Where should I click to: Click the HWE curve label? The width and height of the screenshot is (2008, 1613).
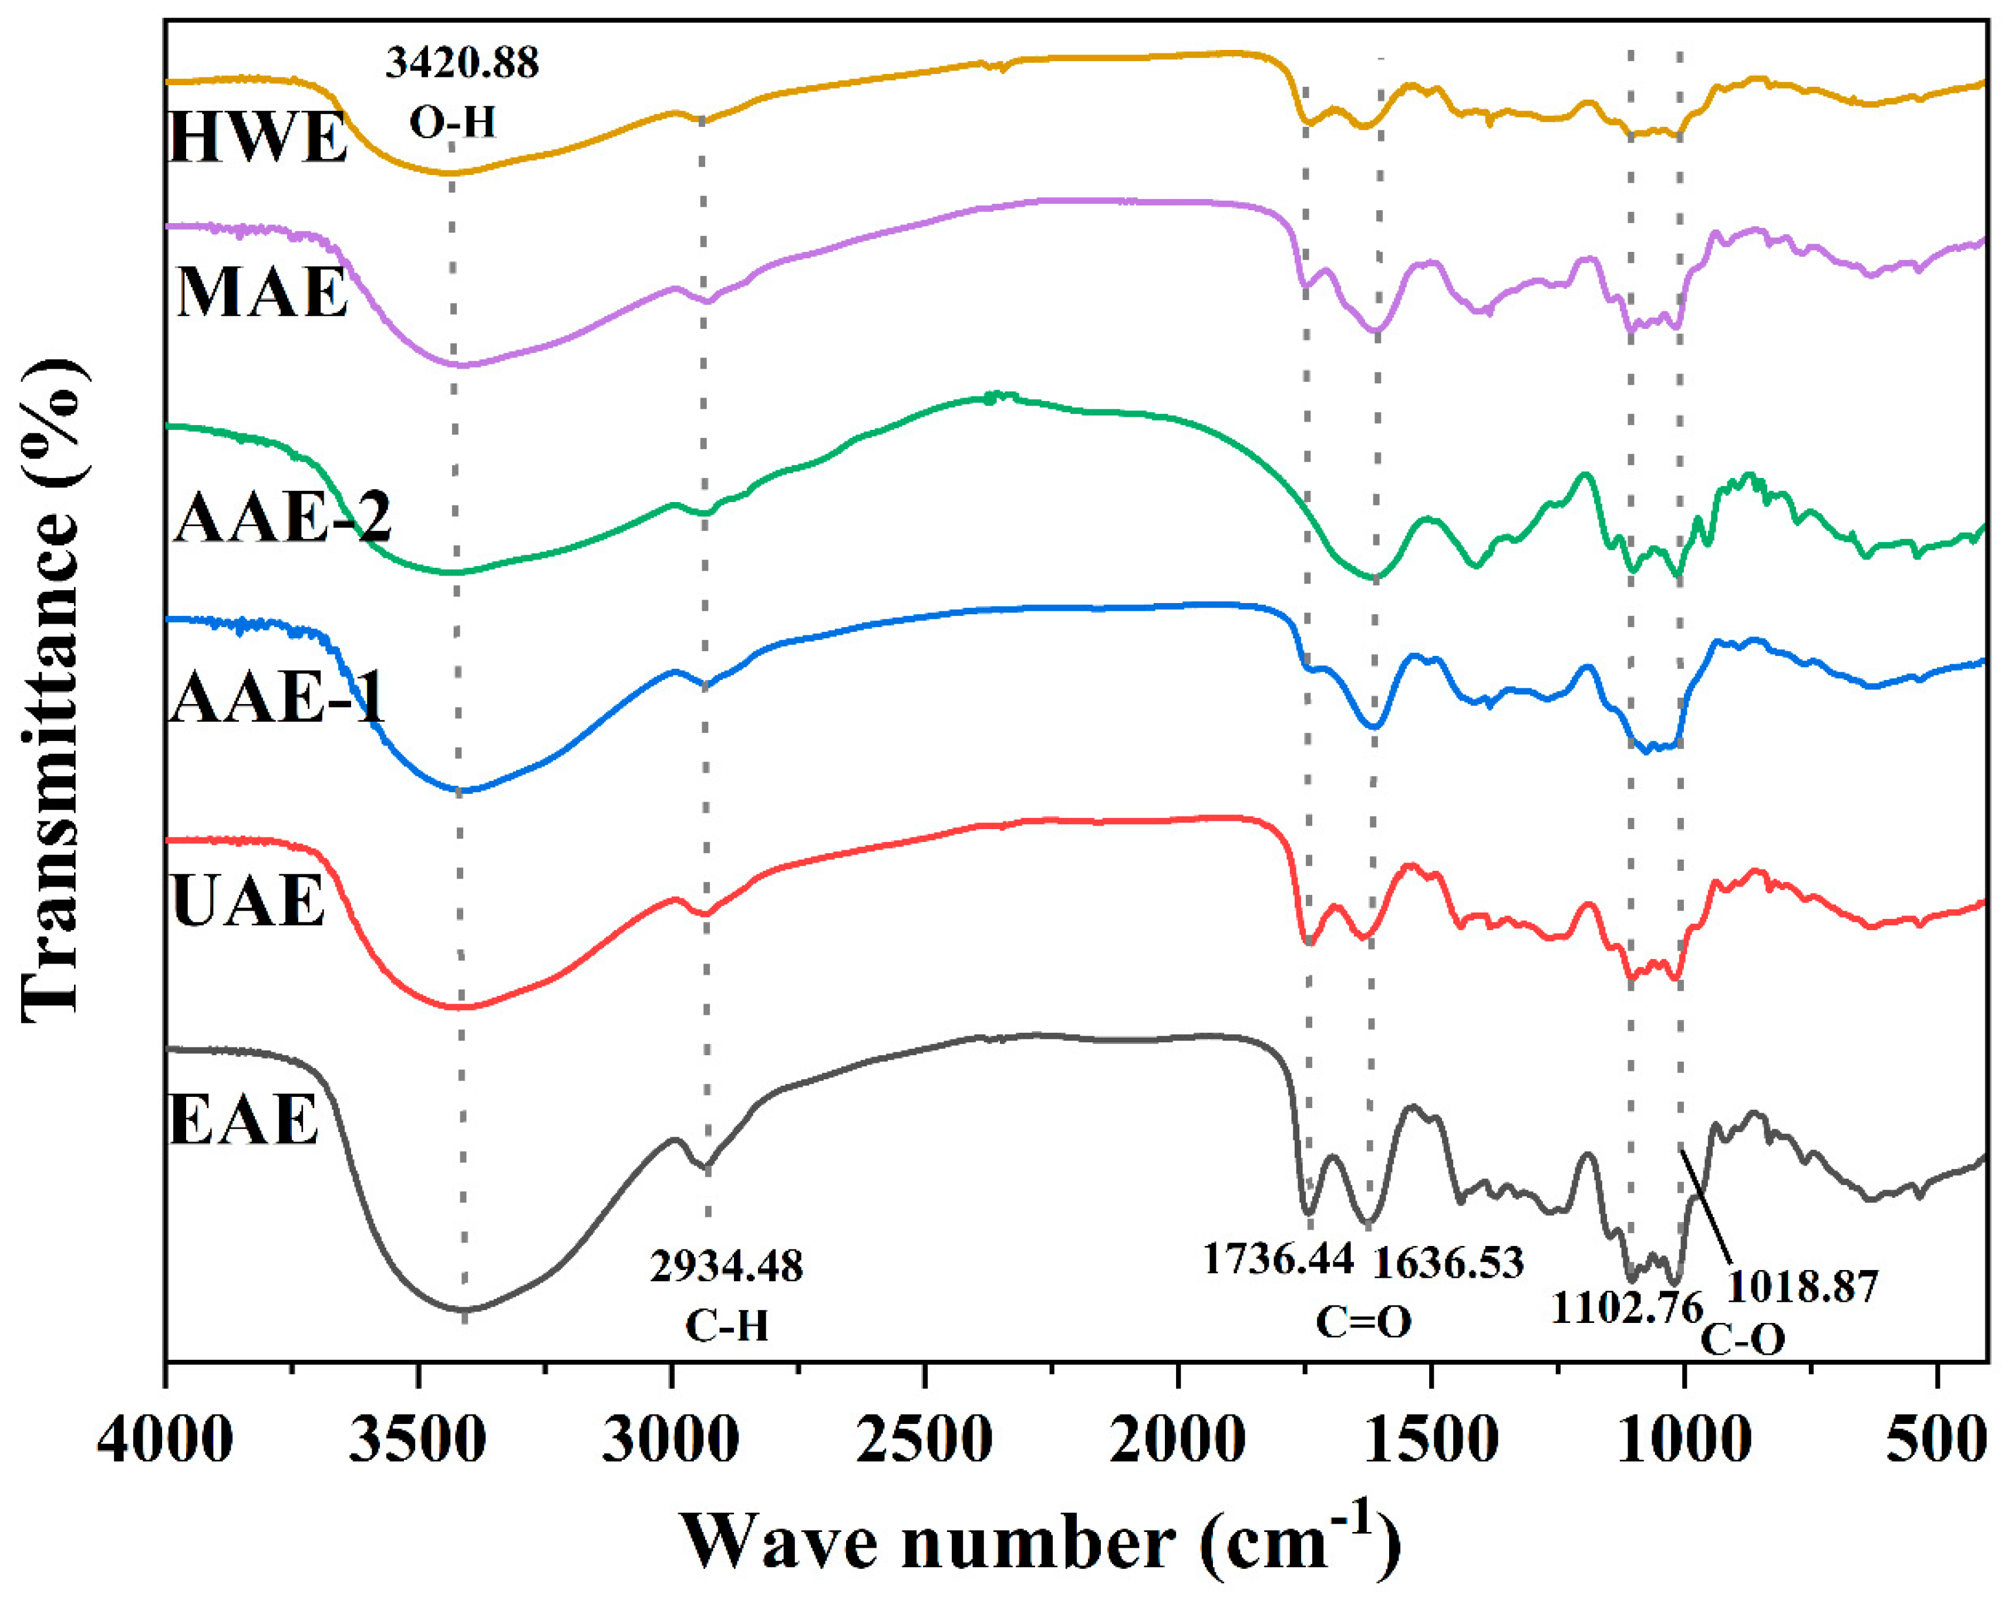click(258, 138)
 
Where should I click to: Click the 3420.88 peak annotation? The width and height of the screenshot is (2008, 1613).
click(462, 63)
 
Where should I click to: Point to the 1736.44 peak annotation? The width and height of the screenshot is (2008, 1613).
click(1278, 1259)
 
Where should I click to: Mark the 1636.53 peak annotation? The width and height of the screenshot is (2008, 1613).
click(1449, 1263)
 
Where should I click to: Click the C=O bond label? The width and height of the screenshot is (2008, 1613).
click(1363, 1322)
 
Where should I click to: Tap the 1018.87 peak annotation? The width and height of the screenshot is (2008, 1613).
click(1803, 1286)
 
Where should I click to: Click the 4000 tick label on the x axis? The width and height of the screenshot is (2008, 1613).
click(165, 1441)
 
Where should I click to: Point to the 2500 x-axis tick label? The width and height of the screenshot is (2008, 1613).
click(925, 1441)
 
